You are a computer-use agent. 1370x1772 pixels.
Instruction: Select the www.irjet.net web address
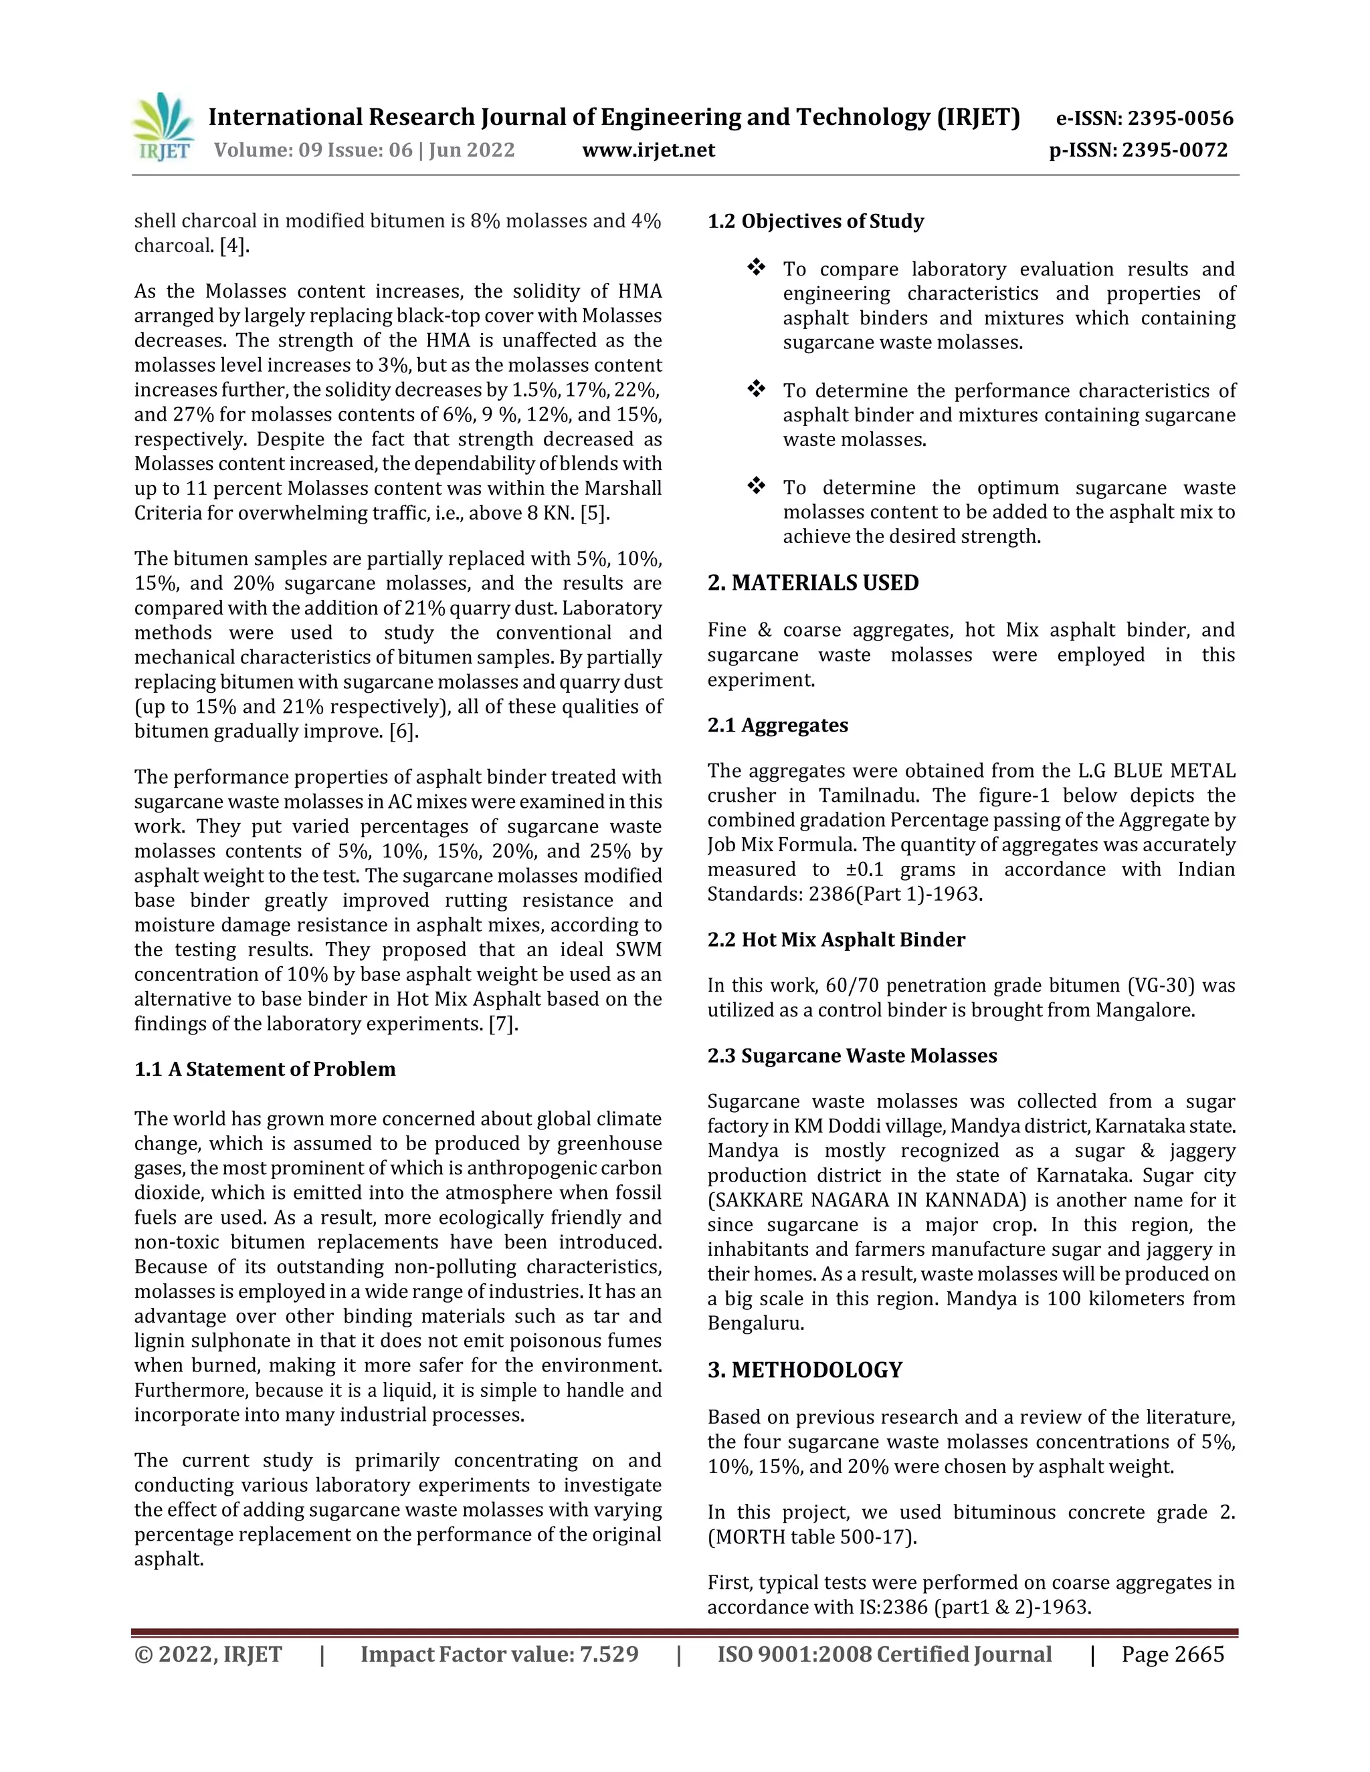(648, 150)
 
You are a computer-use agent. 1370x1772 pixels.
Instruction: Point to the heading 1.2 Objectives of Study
(815, 221)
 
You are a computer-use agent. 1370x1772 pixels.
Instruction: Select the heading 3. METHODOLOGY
(804, 1369)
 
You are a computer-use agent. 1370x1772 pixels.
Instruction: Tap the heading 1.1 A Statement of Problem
(265, 1069)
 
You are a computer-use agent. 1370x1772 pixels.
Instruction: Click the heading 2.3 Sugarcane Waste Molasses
(852, 1056)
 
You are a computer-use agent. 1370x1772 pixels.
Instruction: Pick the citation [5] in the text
(594, 513)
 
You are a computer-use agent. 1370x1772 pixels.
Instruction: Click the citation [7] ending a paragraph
(502, 1023)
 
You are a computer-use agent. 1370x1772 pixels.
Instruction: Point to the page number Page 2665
(1172, 1654)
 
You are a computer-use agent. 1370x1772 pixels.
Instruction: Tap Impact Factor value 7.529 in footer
(499, 1654)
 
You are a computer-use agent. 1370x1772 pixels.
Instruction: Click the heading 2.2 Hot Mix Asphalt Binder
(836, 939)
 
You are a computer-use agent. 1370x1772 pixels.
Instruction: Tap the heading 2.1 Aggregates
(777, 725)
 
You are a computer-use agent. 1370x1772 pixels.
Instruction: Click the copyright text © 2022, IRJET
(208, 1654)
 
